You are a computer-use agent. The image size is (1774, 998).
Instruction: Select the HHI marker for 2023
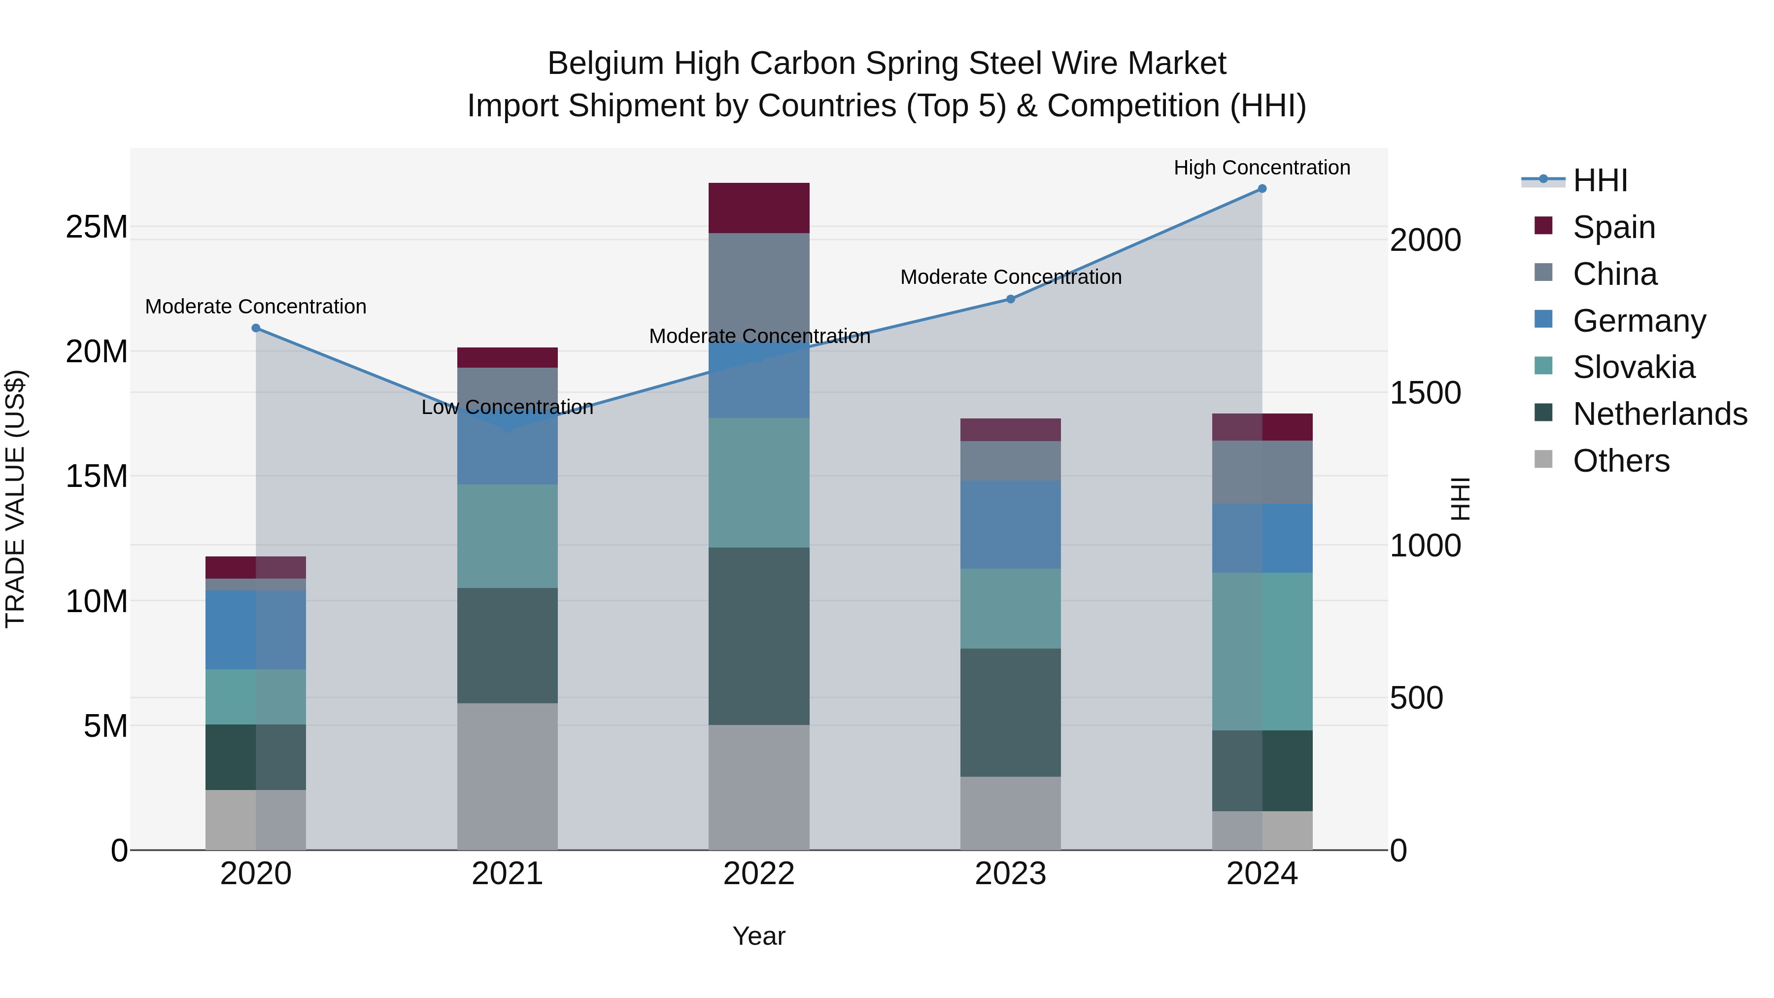click(x=1010, y=299)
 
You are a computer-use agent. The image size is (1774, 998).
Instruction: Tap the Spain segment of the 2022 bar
click(x=759, y=208)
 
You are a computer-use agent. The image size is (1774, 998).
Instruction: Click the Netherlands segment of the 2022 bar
click(x=759, y=636)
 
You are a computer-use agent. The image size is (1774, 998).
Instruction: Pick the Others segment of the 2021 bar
click(x=508, y=776)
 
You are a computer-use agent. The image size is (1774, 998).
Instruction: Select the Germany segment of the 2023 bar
click(x=1010, y=525)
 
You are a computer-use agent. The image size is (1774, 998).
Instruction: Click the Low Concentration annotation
click(x=508, y=407)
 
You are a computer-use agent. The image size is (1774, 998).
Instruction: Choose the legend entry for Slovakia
click(x=1634, y=367)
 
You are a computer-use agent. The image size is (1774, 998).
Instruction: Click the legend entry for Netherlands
click(x=1660, y=414)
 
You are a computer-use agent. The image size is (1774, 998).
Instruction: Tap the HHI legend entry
click(x=1600, y=180)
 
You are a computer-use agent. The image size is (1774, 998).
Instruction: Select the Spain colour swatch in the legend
click(x=1543, y=226)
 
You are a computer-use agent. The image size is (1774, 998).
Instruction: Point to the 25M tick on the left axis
click(x=97, y=227)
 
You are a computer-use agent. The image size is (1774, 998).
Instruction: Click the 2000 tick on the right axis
click(x=1425, y=241)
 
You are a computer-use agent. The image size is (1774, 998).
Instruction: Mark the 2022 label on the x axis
click(x=759, y=874)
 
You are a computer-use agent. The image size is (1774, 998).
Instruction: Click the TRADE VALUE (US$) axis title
click(x=16, y=499)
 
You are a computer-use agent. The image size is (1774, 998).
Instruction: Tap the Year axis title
click(x=759, y=936)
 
